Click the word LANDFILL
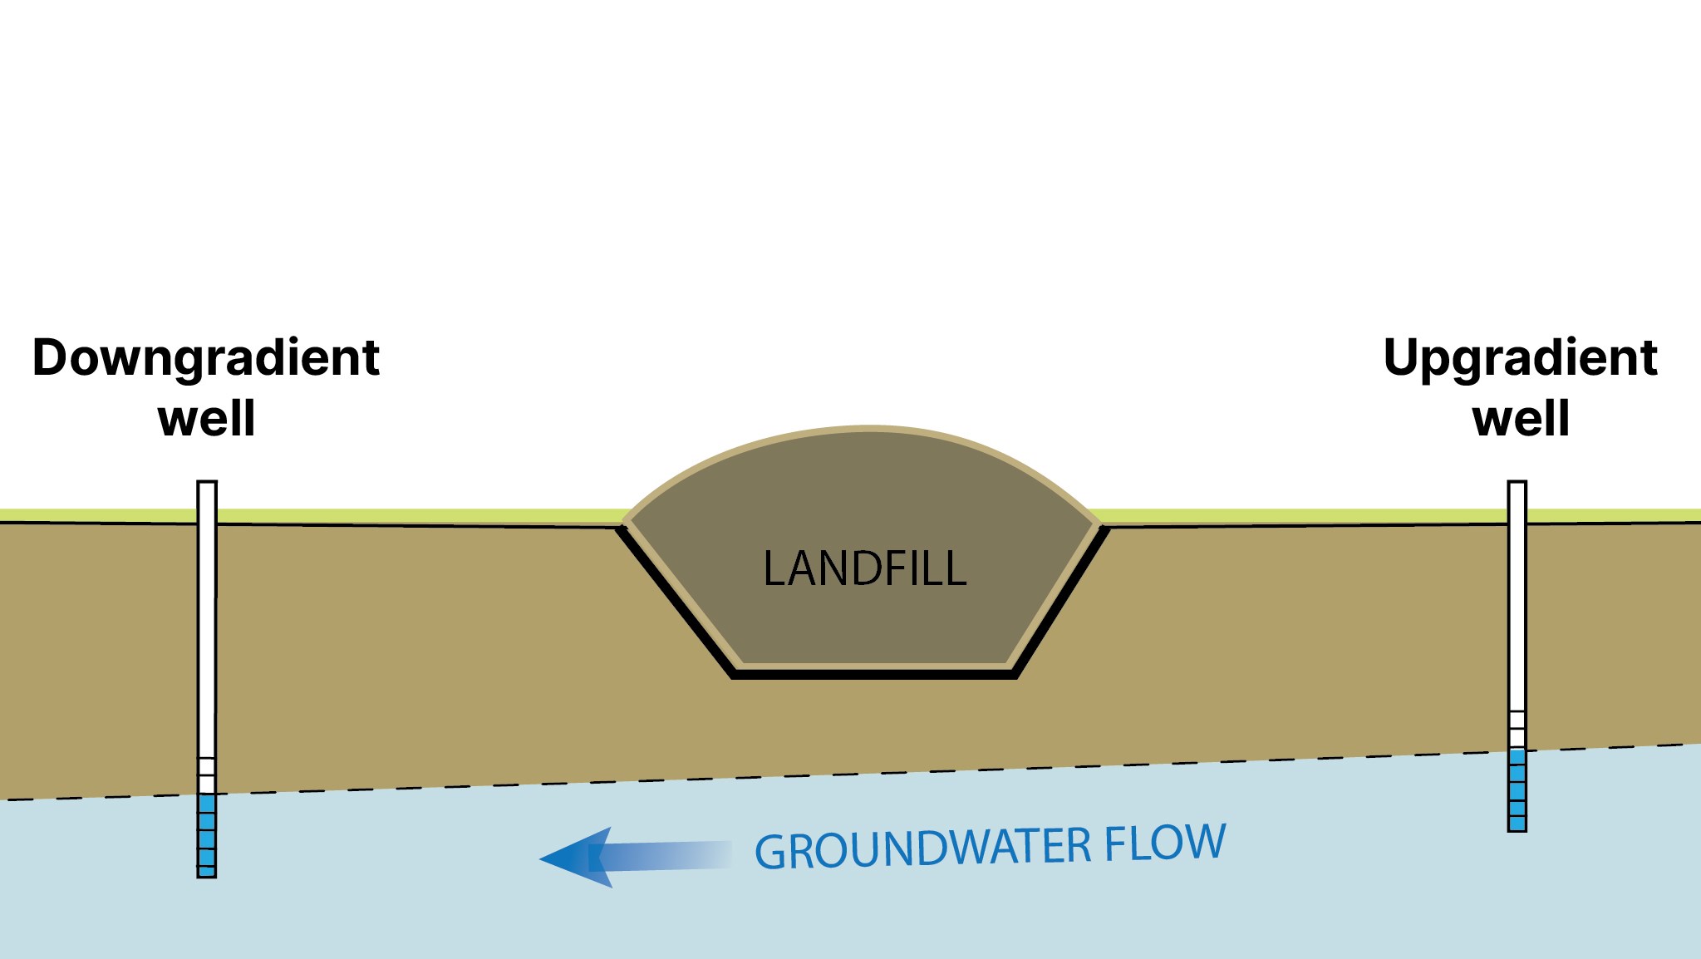tap(864, 569)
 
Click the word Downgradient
tap(205, 358)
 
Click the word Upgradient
tap(1520, 358)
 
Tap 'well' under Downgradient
tap(206, 418)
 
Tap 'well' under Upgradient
tap(1521, 418)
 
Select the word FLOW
tap(1165, 843)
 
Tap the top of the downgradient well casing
tap(207, 484)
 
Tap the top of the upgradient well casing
tap(1517, 484)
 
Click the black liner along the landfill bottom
tap(873, 674)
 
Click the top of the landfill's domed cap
tap(864, 430)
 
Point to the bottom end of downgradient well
tap(207, 874)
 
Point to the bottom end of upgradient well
tap(1517, 829)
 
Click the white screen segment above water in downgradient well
tap(207, 775)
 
